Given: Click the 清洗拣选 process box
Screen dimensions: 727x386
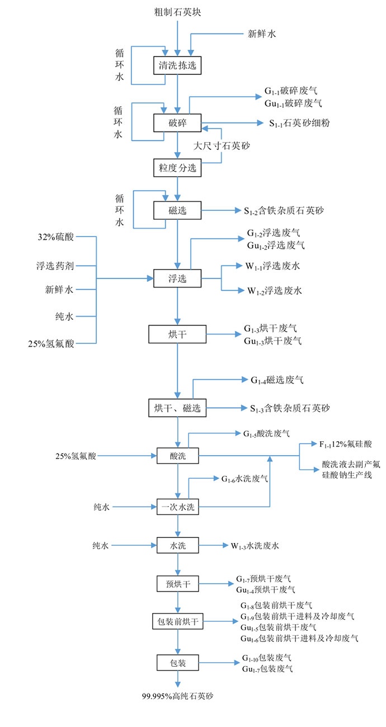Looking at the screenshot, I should coord(177,65).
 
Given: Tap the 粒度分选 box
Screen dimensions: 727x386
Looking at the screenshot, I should coord(177,167).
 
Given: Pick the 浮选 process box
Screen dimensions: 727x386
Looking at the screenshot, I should coord(177,277).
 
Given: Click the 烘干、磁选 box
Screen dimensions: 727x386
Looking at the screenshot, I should coord(177,408).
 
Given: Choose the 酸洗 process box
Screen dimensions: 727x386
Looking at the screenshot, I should coord(177,456).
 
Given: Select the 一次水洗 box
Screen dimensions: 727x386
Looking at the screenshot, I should coord(177,507).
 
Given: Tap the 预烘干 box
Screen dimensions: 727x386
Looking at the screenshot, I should coord(177,584).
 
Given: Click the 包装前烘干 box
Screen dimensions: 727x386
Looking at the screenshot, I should coord(177,621).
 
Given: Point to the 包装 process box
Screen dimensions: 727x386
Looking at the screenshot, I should coord(177,663).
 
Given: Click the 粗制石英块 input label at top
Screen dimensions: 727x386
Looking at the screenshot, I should coord(177,12).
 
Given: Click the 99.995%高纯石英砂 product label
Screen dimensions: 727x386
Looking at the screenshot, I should coord(177,697).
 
